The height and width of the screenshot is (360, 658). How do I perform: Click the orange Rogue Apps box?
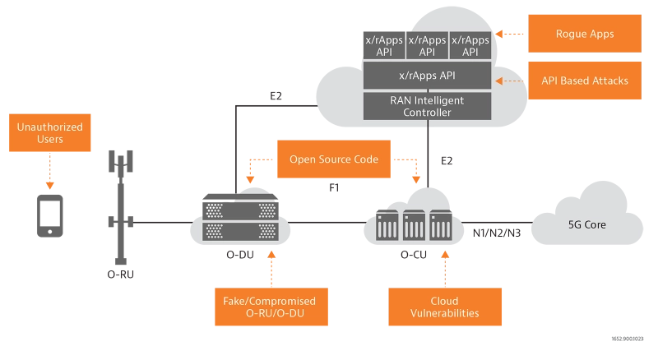pyautogui.click(x=584, y=35)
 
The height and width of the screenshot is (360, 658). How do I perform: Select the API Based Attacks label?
pyautogui.click(x=585, y=81)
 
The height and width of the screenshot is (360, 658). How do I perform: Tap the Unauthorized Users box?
pyautogui.click(x=49, y=134)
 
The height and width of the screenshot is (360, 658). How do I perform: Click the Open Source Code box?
pyautogui.click(x=333, y=159)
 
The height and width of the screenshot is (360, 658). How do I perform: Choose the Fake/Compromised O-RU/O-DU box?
pyautogui.click(x=269, y=307)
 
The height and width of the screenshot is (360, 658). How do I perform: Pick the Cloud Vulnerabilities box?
pyautogui.click(x=445, y=307)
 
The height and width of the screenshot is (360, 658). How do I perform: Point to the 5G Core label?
pyautogui.click(x=587, y=222)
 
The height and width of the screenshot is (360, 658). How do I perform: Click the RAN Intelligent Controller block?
pyautogui.click(x=427, y=105)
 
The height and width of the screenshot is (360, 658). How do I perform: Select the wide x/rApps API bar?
pyautogui.click(x=427, y=76)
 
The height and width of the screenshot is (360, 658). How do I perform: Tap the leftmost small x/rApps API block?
pyautogui.click(x=384, y=45)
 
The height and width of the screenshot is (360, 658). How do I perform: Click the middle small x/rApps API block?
pyautogui.click(x=427, y=45)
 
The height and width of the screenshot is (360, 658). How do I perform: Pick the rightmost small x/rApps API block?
pyautogui.click(x=470, y=45)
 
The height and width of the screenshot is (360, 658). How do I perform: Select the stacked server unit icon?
pyautogui.click(x=242, y=219)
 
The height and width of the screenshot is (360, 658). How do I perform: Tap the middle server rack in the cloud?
pyautogui.click(x=415, y=224)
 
